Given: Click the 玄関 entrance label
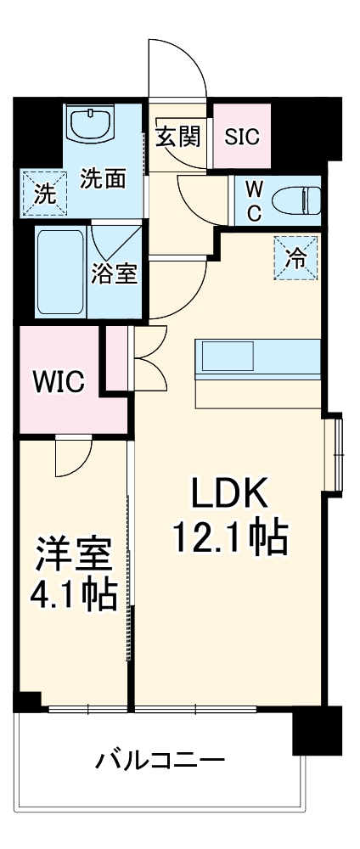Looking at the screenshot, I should pyautogui.click(x=178, y=136).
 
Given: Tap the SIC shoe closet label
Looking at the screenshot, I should pyautogui.click(x=242, y=136).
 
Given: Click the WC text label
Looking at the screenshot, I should pyautogui.click(x=254, y=200).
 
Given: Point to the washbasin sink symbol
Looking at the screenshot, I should pyautogui.click(x=92, y=127).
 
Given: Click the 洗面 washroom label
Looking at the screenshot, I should pyautogui.click(x=104, y=179).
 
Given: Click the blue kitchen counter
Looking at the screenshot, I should pyautogui.click(x=257, y=357).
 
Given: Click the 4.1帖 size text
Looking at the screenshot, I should pyautogui.click(x=74, y=597).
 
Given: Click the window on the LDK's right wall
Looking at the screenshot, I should pyautogui.click(x=338, y=453).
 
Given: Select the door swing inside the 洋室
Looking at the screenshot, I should pyautogui.click(x=71, y=458).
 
